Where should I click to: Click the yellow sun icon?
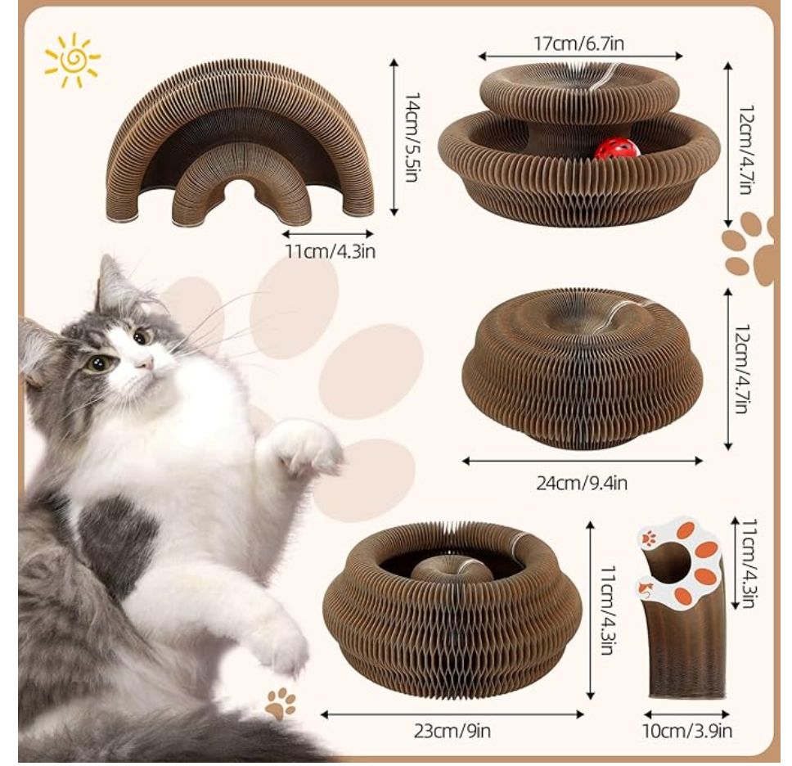pyautogui.click(x=72, y=60)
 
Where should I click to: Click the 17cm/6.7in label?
pyautogui.click(x=578, y=43)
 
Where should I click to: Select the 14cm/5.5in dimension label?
pyautogui.click(x=412, y=137)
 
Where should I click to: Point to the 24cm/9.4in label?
pyautogui.click(x=582, y=483)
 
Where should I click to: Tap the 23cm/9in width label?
pyautogui.click(x=452, y=731)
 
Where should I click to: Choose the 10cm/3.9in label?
pyautogui.click(x=687, y=731)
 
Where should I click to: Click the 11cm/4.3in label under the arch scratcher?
pyautogui.click(x=331, y=250)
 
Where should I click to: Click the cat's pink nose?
pyautogui.click(x=145, y=362)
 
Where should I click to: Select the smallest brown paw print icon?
pyautogui.click(x=281, y=702)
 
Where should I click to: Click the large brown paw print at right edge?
pyautogui.click(x=749, y=249)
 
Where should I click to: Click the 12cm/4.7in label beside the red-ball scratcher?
pyautogui.click(x=746, y=150)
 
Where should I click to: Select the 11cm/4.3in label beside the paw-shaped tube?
pyautogui.click(x=749, y=563)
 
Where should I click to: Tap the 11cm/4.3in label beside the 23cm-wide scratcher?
pyautogui.click(x=608, y=610)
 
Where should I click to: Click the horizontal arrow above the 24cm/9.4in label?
pyautogui.click(x=583, y=460)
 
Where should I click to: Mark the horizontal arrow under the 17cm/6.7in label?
pyautogui.click(x=580, y=56)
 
